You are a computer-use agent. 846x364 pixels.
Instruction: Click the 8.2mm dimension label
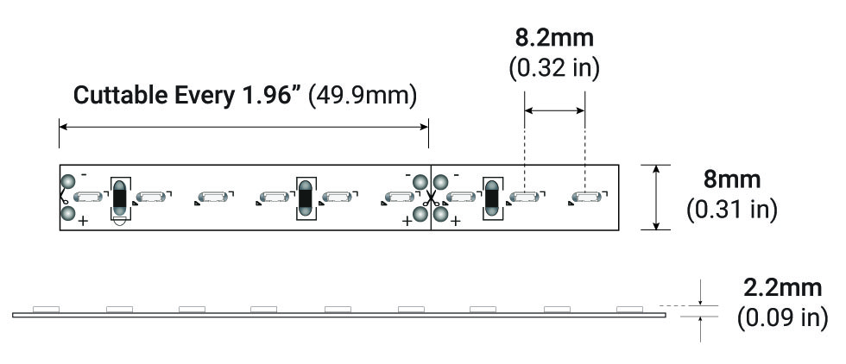point(554,38)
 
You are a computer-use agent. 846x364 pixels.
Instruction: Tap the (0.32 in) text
point(554,68)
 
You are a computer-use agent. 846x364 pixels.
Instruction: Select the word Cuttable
point(120,96)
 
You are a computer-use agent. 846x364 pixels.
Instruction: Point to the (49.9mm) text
point(363,96)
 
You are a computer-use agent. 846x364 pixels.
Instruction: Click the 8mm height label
point(732,179)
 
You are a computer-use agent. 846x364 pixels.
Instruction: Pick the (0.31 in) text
point(732,210)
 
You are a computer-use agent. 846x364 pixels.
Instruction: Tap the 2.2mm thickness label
point(782,288)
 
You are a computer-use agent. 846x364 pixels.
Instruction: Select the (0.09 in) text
point(782,317)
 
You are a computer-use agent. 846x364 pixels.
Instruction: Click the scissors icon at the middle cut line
point(431,198)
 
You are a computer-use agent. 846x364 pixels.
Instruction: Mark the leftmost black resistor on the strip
point(119,198)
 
